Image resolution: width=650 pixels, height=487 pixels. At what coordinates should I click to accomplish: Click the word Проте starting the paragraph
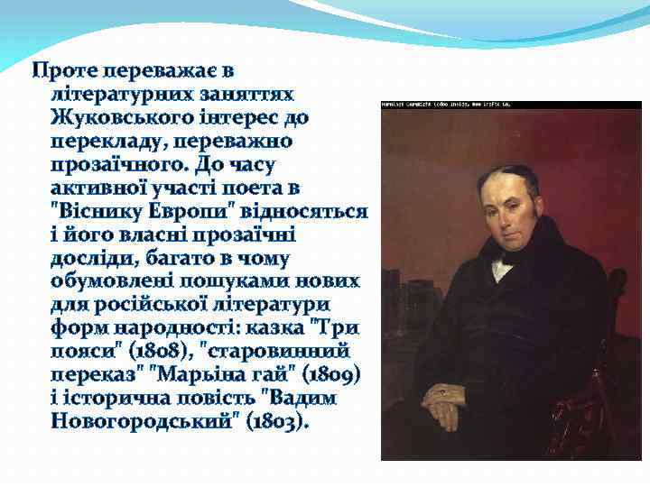pyautogui.click(x=64, y=70)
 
